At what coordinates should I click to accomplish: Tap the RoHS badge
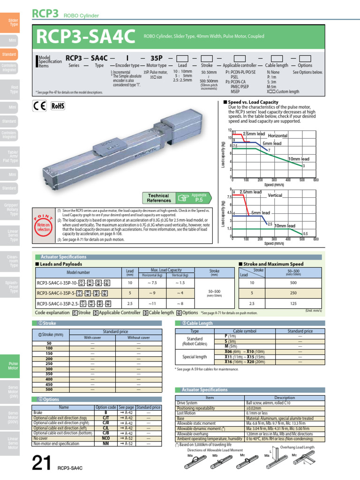pyautogui.click(x=58, y=106)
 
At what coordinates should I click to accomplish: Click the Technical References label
pyautogui.click(x=158, y=198)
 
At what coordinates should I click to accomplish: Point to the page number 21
pyautogui.click(x=42, y=464)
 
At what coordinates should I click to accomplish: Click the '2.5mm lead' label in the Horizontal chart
pyautogui.click(x=253, y=134)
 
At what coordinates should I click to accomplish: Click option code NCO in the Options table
pyautogui.click(x=105, y=438)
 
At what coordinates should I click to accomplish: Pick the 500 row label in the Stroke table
pyautogui.click(x=49, y=389)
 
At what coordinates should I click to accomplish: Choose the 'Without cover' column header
pyautogui.click(x=138, y=337)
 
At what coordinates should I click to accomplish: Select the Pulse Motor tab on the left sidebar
pyautogui.click(x=13, y=366)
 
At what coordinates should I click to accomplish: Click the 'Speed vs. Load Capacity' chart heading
pyautogui.click(x=253, y=102)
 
